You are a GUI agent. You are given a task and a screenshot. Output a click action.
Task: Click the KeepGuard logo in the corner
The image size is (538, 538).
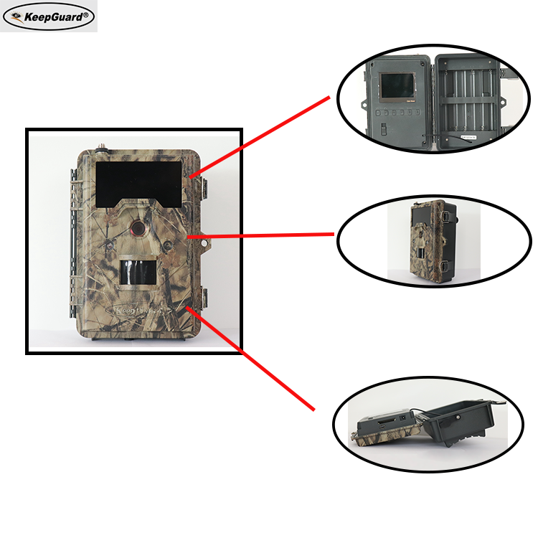(48, 16)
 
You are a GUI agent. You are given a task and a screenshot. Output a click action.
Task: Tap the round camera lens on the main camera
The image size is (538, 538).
(136, 227)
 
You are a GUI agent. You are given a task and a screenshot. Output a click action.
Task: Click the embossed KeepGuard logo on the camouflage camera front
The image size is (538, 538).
(136, 311)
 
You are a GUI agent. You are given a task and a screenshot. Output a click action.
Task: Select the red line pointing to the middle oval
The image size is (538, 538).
(262, 234)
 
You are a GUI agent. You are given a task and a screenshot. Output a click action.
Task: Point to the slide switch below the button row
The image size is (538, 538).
(382, 130)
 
